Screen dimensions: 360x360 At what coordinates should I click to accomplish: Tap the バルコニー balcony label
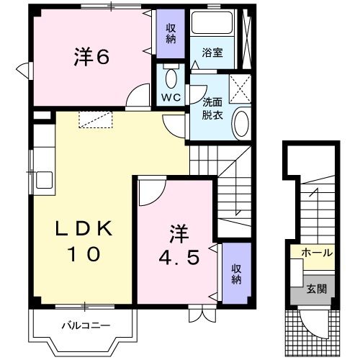click(x=84, y=325)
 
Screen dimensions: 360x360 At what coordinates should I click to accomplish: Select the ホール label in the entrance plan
click(x=317, y=253)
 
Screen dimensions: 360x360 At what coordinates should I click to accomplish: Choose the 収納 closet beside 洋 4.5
click(x=235, y=273)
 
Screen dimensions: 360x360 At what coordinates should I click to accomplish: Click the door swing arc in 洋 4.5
click(x=150, y=190)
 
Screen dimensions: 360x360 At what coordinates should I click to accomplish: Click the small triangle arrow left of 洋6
click(x=24, y=71)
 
